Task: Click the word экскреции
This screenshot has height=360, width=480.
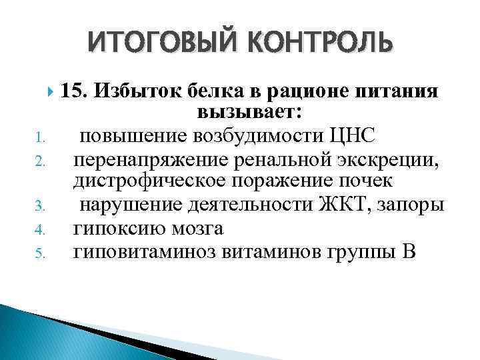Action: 389,160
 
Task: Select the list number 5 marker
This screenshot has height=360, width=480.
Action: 39,253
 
